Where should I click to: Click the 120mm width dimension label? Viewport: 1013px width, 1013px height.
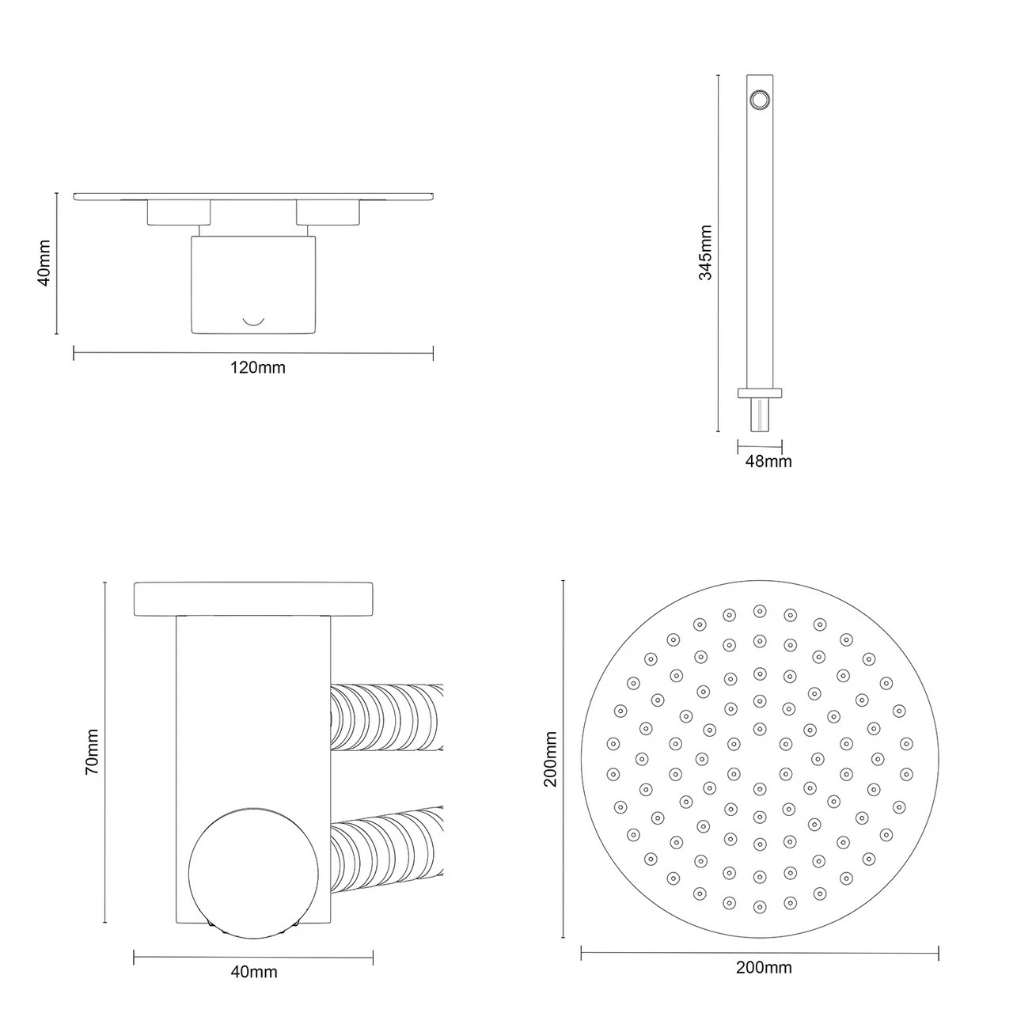click(257, 367)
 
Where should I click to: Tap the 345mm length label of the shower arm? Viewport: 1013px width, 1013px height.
click(705, 252)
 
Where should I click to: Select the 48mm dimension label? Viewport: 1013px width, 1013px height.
click(768, 461)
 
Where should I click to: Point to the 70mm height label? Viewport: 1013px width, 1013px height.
click(93, 751)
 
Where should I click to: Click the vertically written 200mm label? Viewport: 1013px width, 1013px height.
click(551, 759)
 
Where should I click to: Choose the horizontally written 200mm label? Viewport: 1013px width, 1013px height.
click(764, 967)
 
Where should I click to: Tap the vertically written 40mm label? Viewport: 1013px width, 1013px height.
click(44, 263)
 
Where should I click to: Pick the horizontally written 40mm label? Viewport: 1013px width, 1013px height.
click(253, 972)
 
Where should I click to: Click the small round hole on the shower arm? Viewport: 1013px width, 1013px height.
click(760, 98)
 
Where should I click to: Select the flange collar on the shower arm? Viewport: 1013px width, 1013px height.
click(760, 392)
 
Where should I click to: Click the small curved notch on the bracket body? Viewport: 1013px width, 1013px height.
click(253, 321)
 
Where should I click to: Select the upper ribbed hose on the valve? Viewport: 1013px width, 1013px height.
click(386, 716)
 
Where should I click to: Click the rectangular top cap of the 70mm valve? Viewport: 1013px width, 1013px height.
click(253, 598)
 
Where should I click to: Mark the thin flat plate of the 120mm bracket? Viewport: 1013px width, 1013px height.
click(253, 196)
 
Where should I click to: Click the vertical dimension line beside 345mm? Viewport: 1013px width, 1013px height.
click(718, 253)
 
